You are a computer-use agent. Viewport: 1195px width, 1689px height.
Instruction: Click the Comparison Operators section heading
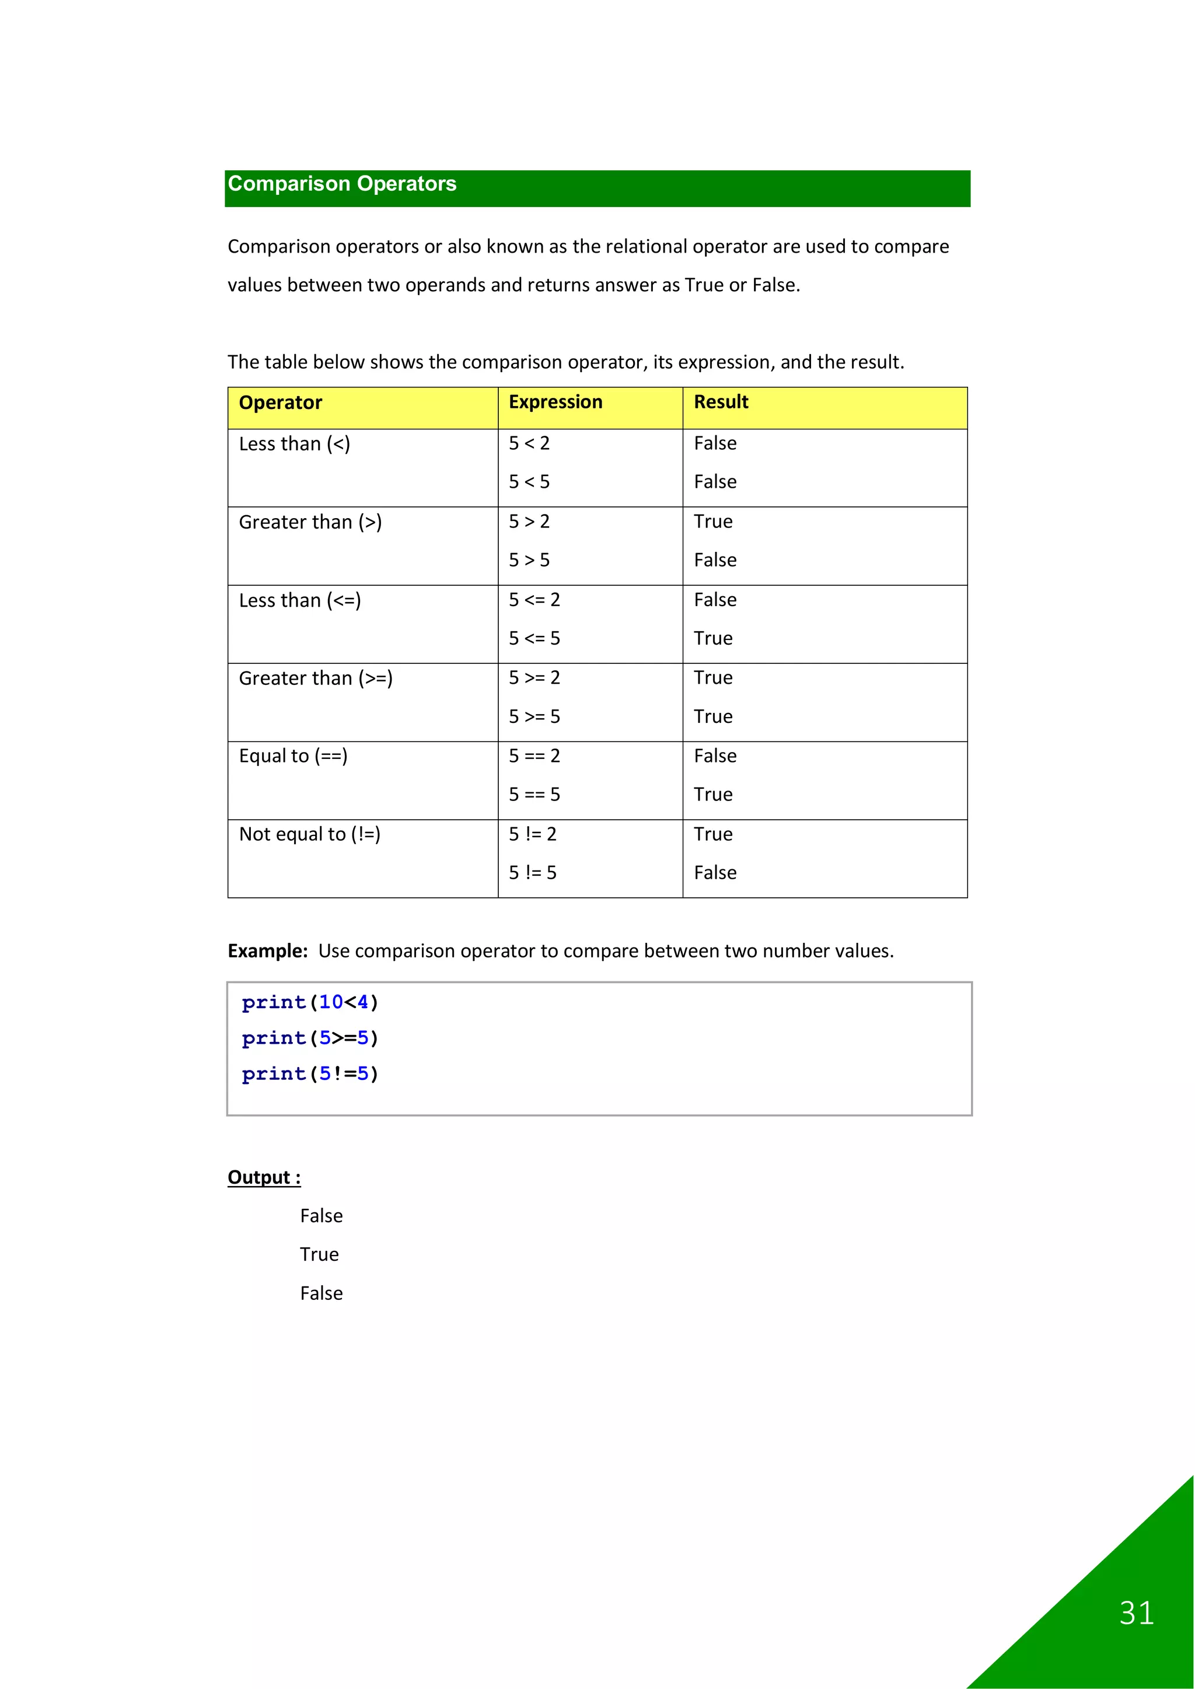(x=342, y=184)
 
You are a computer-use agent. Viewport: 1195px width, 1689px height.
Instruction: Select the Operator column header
(x=280, y=403)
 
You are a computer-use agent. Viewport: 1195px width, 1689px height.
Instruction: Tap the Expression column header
(x=555, y=403)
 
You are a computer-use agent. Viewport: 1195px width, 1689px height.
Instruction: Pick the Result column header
(x=721, y=403)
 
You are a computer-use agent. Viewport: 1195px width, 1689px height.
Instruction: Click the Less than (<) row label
(x=294, y=445)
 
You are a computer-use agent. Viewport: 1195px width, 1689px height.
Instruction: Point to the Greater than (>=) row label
(x=316, y=679)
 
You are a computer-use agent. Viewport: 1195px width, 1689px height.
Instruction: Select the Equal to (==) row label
(x=293, y=756)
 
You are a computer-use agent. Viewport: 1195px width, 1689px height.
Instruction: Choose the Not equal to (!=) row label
(x=310, y=834)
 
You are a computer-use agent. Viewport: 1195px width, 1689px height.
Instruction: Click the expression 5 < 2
(x=529, y=443)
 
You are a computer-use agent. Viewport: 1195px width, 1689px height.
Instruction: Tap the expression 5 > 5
(x=529, y=561)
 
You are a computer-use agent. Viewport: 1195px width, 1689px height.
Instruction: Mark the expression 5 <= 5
(x=534, y=638)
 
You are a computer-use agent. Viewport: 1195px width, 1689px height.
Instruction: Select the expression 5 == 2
(x=534, y=756)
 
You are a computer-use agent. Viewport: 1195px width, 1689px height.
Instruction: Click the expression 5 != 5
(x=533, y=873)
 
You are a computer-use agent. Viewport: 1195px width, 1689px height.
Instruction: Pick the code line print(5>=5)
(x=310, y=1038)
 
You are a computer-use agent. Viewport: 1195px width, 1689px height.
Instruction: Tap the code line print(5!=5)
(x=310, y=1074)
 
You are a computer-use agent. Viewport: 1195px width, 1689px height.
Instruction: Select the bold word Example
(x=267, y=951)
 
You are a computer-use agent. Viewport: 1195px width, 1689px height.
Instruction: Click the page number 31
(x=1136, y=1613)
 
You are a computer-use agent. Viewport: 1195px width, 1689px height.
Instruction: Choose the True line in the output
(x=319, y=1255)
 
